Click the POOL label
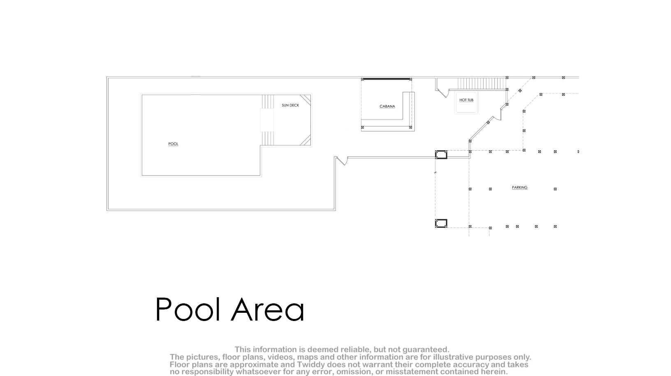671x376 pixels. pyautogui.click(x=173, y=144)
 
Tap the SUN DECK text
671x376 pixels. pyautogui.click(x=290, y=105)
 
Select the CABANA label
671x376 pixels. pyautogui.click(x=387, y=106)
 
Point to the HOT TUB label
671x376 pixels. pyautogui.click(x=466, y=100)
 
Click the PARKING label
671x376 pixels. pyautogui.click(x=519, y=188)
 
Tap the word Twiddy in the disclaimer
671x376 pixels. pyautogui.click(x=311, y=365)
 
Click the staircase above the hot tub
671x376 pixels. pyautogui.click(x=481, y=83)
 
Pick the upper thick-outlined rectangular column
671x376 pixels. pyautogui.click(x=441, y=155)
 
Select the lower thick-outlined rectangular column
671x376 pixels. pyautogui.click(x=441, y=223)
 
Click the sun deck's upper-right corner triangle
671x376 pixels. pyautogui.click(x=306, y=99)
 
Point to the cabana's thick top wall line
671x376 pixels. pyautogui.click(x=386, y=79)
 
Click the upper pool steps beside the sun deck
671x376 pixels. pyautogui.click(x=268, y=101)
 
